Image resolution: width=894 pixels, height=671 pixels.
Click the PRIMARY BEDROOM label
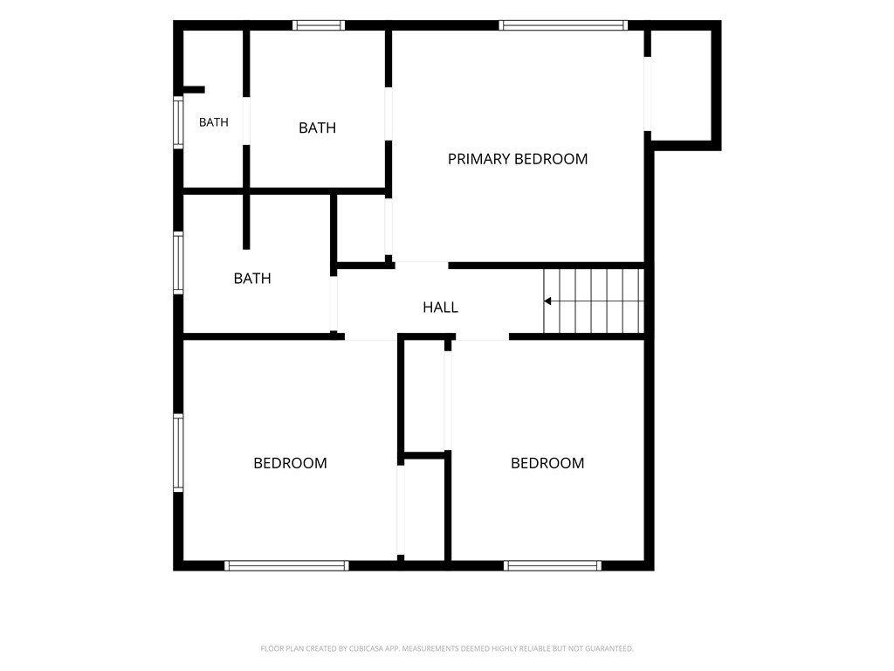click(x=517, y=159)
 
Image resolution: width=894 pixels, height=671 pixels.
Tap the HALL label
click(x=440, y=308)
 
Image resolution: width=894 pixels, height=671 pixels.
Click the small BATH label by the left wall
click(x=214, y=122)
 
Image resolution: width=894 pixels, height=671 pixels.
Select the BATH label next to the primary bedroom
click(x=317, y=128)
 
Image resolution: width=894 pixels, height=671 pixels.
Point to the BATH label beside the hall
click(x=252, y=279)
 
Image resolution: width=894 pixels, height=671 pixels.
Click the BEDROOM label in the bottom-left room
click(x=290, y=463)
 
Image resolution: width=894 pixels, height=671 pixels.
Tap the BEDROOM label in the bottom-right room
click(x=547, y=463)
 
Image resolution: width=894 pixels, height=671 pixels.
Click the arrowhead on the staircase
click(x=547, y=301)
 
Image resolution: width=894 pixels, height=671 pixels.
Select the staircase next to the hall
click(x=594, y=301)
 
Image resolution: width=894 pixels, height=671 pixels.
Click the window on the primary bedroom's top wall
click(x=563, y=25)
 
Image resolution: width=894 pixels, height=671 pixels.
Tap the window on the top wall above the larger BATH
click(x=319, y=25)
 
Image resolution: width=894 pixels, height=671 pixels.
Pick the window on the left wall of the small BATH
click(x=178, y=122)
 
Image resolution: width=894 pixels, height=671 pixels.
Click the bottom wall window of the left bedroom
click(x=286, y=565)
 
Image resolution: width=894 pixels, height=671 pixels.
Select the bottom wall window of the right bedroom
click(x=552, y=565)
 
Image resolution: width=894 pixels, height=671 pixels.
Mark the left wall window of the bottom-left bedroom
click(x=178, y=453)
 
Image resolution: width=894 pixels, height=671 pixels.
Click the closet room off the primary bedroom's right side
click(x=681, y=85)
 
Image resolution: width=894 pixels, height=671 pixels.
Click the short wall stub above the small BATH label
click(x=194, y=90)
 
